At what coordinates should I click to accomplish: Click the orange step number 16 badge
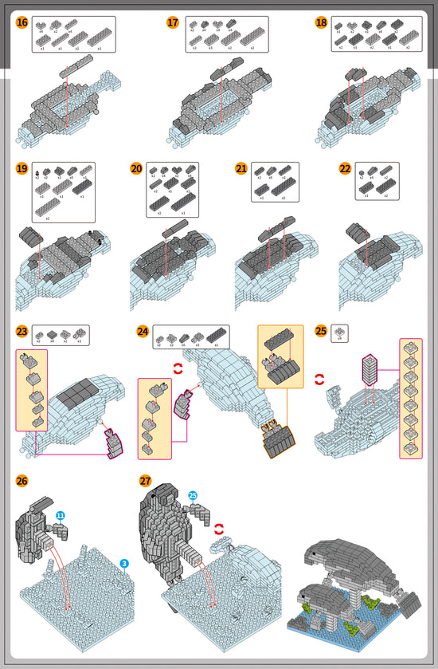click(x=22, y=22)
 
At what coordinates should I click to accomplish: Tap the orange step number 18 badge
click(x=321, y=22)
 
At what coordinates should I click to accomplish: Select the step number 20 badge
click(x=136, y=168)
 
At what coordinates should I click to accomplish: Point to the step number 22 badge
click(x=345, y=168)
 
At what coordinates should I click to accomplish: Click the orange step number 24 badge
click(x=143, y=331)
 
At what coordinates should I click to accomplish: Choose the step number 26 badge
click(x=22, y=481)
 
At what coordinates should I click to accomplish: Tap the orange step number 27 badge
click(x=145, y=481)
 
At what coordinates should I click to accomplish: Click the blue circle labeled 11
click(x=61, y=517)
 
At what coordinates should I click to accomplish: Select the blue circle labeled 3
click(x=125, y=564)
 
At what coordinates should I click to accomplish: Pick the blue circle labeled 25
click(x=193, y=495)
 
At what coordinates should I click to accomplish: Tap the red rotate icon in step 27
click(x=218, y=527)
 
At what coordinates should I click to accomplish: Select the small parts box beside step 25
click(x=339, y=333)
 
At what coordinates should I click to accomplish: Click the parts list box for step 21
click(x=276, y=182)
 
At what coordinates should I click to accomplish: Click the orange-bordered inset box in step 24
click(x=280, y=357)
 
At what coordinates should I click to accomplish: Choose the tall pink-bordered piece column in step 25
click(x=411, y=398)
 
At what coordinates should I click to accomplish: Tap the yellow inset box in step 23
click(x=32, y=389)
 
